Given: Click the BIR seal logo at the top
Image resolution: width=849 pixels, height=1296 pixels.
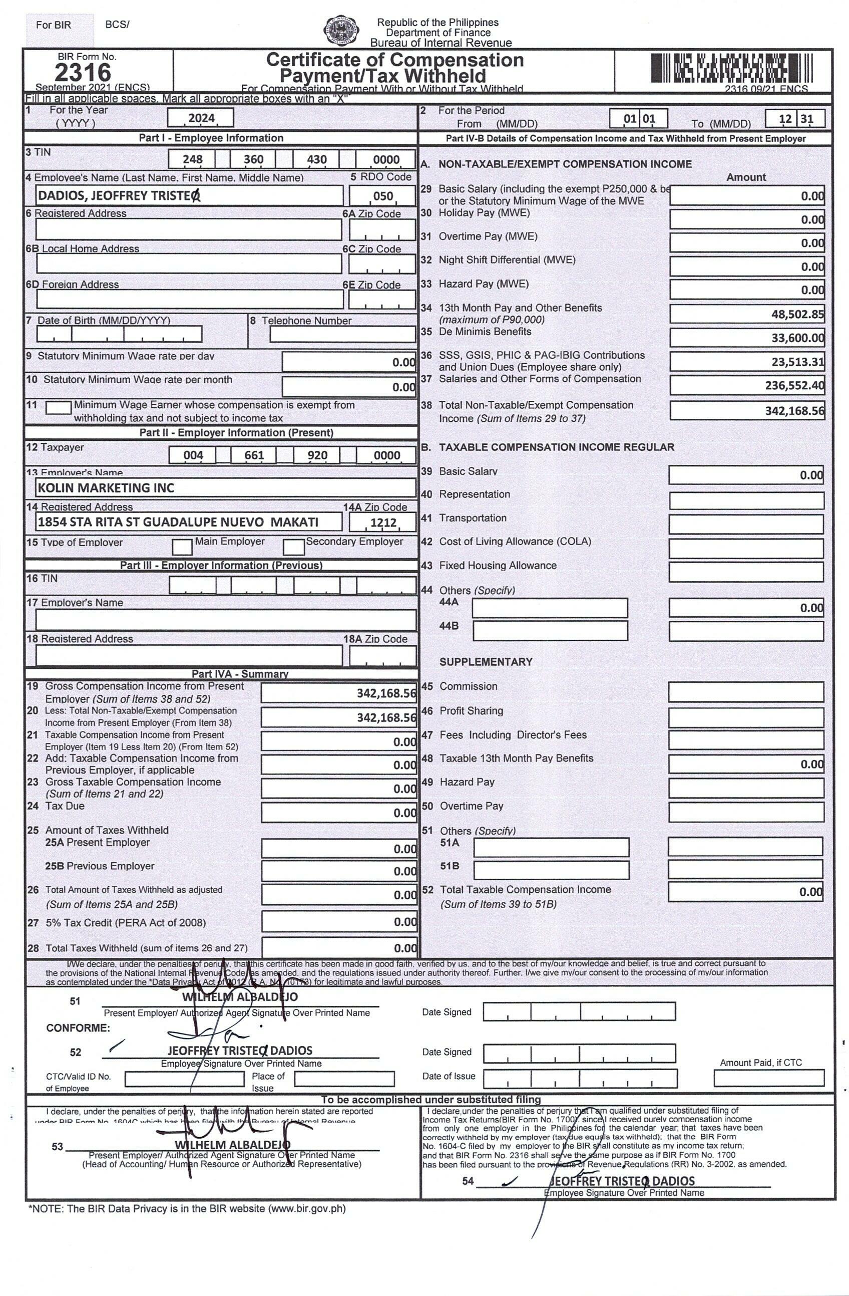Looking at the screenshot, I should [x=341, y=31].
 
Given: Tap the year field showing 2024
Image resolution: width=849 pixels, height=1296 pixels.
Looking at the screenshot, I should [x=200, y=118].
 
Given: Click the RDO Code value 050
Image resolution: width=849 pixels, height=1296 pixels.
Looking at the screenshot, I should [x=382, y=196].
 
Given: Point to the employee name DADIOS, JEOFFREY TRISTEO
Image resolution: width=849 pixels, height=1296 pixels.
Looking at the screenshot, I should [x=119, y=195].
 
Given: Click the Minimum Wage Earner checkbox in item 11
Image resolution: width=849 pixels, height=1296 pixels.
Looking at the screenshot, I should [x=58, y=407].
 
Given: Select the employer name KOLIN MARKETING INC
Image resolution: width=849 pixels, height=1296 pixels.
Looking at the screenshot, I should [x=106, y=488].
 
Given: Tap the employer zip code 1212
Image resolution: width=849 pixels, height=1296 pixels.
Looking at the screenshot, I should [x=382, y=523].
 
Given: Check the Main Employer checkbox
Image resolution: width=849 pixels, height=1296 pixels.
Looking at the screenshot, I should [x=182, y=546].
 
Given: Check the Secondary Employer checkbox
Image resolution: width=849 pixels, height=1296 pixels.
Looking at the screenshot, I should [x=293, y=546].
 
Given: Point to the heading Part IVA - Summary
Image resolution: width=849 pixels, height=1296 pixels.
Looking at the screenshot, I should [x=239, y=674].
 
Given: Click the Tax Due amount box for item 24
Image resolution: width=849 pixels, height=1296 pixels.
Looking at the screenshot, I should [x=338, y=813].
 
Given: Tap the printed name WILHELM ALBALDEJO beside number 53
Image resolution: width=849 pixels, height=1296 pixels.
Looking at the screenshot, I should [x=232, y=1145].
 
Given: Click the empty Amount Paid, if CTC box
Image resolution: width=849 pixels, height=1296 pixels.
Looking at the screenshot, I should [x=768, y=1078].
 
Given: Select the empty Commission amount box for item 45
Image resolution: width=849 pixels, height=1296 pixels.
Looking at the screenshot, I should [x=745, y=691].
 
